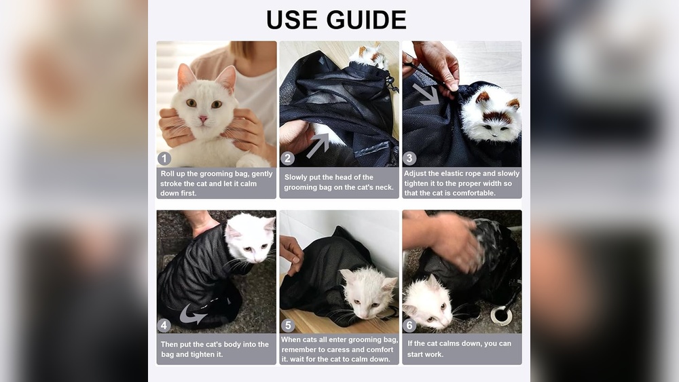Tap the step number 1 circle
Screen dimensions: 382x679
click(x=164, y=159)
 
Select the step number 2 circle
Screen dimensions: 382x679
click(x=287, y=159)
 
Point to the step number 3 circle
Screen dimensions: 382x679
click(x=409, y=159)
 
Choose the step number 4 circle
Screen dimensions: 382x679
click(x=164, y=325)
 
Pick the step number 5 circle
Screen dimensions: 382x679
click(x=287, y=325)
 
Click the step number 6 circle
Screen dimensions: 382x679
click(x=409, y=325)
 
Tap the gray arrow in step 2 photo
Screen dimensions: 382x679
click(x=318, y=145)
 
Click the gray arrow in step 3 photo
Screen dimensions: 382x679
click(x=426, y=94)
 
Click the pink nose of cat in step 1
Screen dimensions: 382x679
click(x=203, y=119)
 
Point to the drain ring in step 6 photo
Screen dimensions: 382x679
click(x=501, y=315)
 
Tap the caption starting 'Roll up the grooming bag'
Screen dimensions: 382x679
click(x=217, y=183)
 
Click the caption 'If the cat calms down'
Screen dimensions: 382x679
click(x=460, y=348)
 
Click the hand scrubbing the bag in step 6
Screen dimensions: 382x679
click(x=452, y=239)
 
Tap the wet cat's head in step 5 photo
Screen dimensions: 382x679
click(x=367, y=289)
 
